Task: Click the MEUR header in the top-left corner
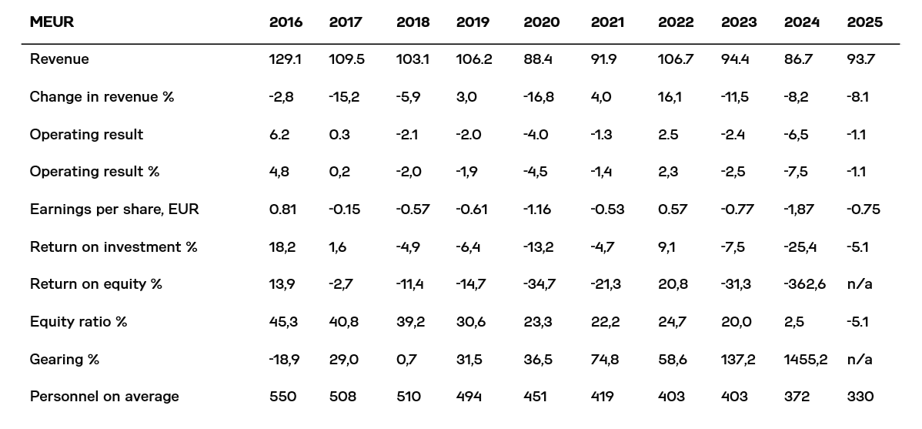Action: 52,22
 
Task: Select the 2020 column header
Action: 541,22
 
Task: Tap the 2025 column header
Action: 864,22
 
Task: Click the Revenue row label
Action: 59,59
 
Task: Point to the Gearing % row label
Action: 65,360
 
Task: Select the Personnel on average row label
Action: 104,397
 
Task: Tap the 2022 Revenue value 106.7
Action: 675,59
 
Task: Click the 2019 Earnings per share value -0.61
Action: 473,209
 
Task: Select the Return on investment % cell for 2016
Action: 282,247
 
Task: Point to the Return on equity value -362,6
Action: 805,284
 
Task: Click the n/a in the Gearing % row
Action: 859,360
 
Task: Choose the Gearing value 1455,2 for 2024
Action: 806,360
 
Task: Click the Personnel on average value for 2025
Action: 860,397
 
